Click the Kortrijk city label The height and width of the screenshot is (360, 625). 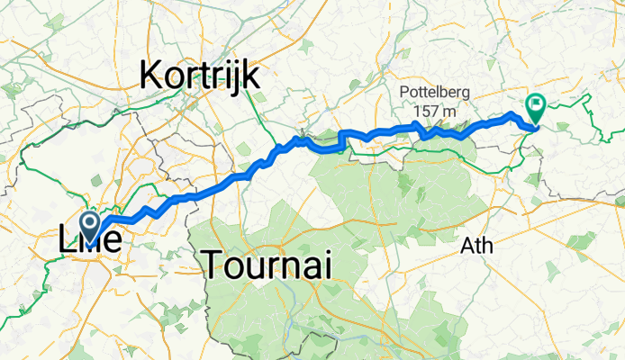(x=200, y=76)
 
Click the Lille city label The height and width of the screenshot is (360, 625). (x=91, y=241)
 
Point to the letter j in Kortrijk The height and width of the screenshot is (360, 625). (x=237, y=77)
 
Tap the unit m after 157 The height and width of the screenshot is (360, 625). (x=448, y=110)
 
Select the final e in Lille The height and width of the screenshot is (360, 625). (x=114, y=243)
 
